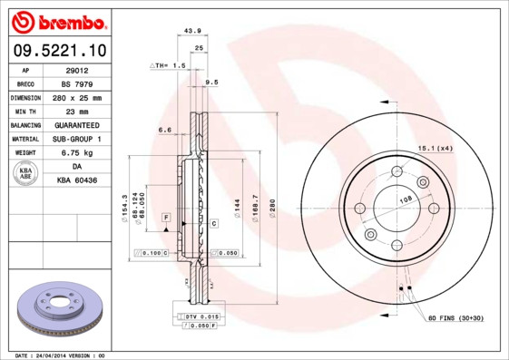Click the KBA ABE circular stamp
coord(26,174)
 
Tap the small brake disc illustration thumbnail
coord(59,308)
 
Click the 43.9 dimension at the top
coord(191,31)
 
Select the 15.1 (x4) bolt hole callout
coord(435,147)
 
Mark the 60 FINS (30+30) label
coord(455,319)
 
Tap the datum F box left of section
coord(166,219)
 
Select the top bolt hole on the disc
coord(396,172)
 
